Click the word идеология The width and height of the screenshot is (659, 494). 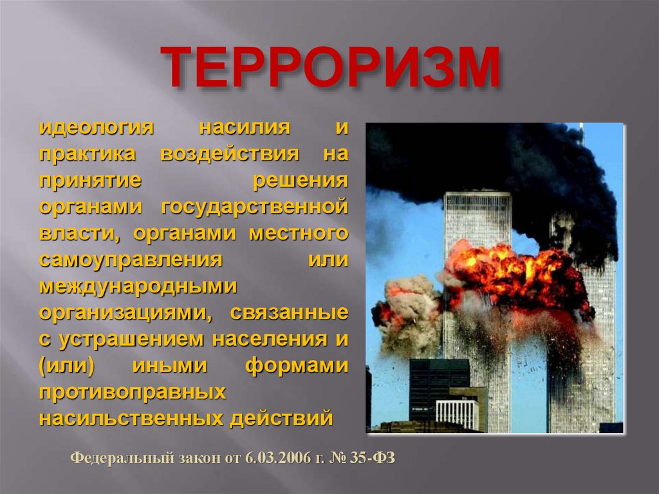pos(97,127)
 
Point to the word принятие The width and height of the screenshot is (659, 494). pos(90,181)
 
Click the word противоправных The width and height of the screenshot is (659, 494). pos(133,392)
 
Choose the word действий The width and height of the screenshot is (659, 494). pos(281,419)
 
